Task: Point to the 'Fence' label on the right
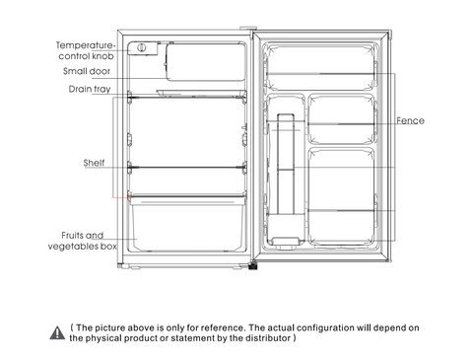(410, 120)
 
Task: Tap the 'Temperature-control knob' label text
(85, 50)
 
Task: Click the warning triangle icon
(56, 331)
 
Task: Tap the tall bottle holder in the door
(287, 178)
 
